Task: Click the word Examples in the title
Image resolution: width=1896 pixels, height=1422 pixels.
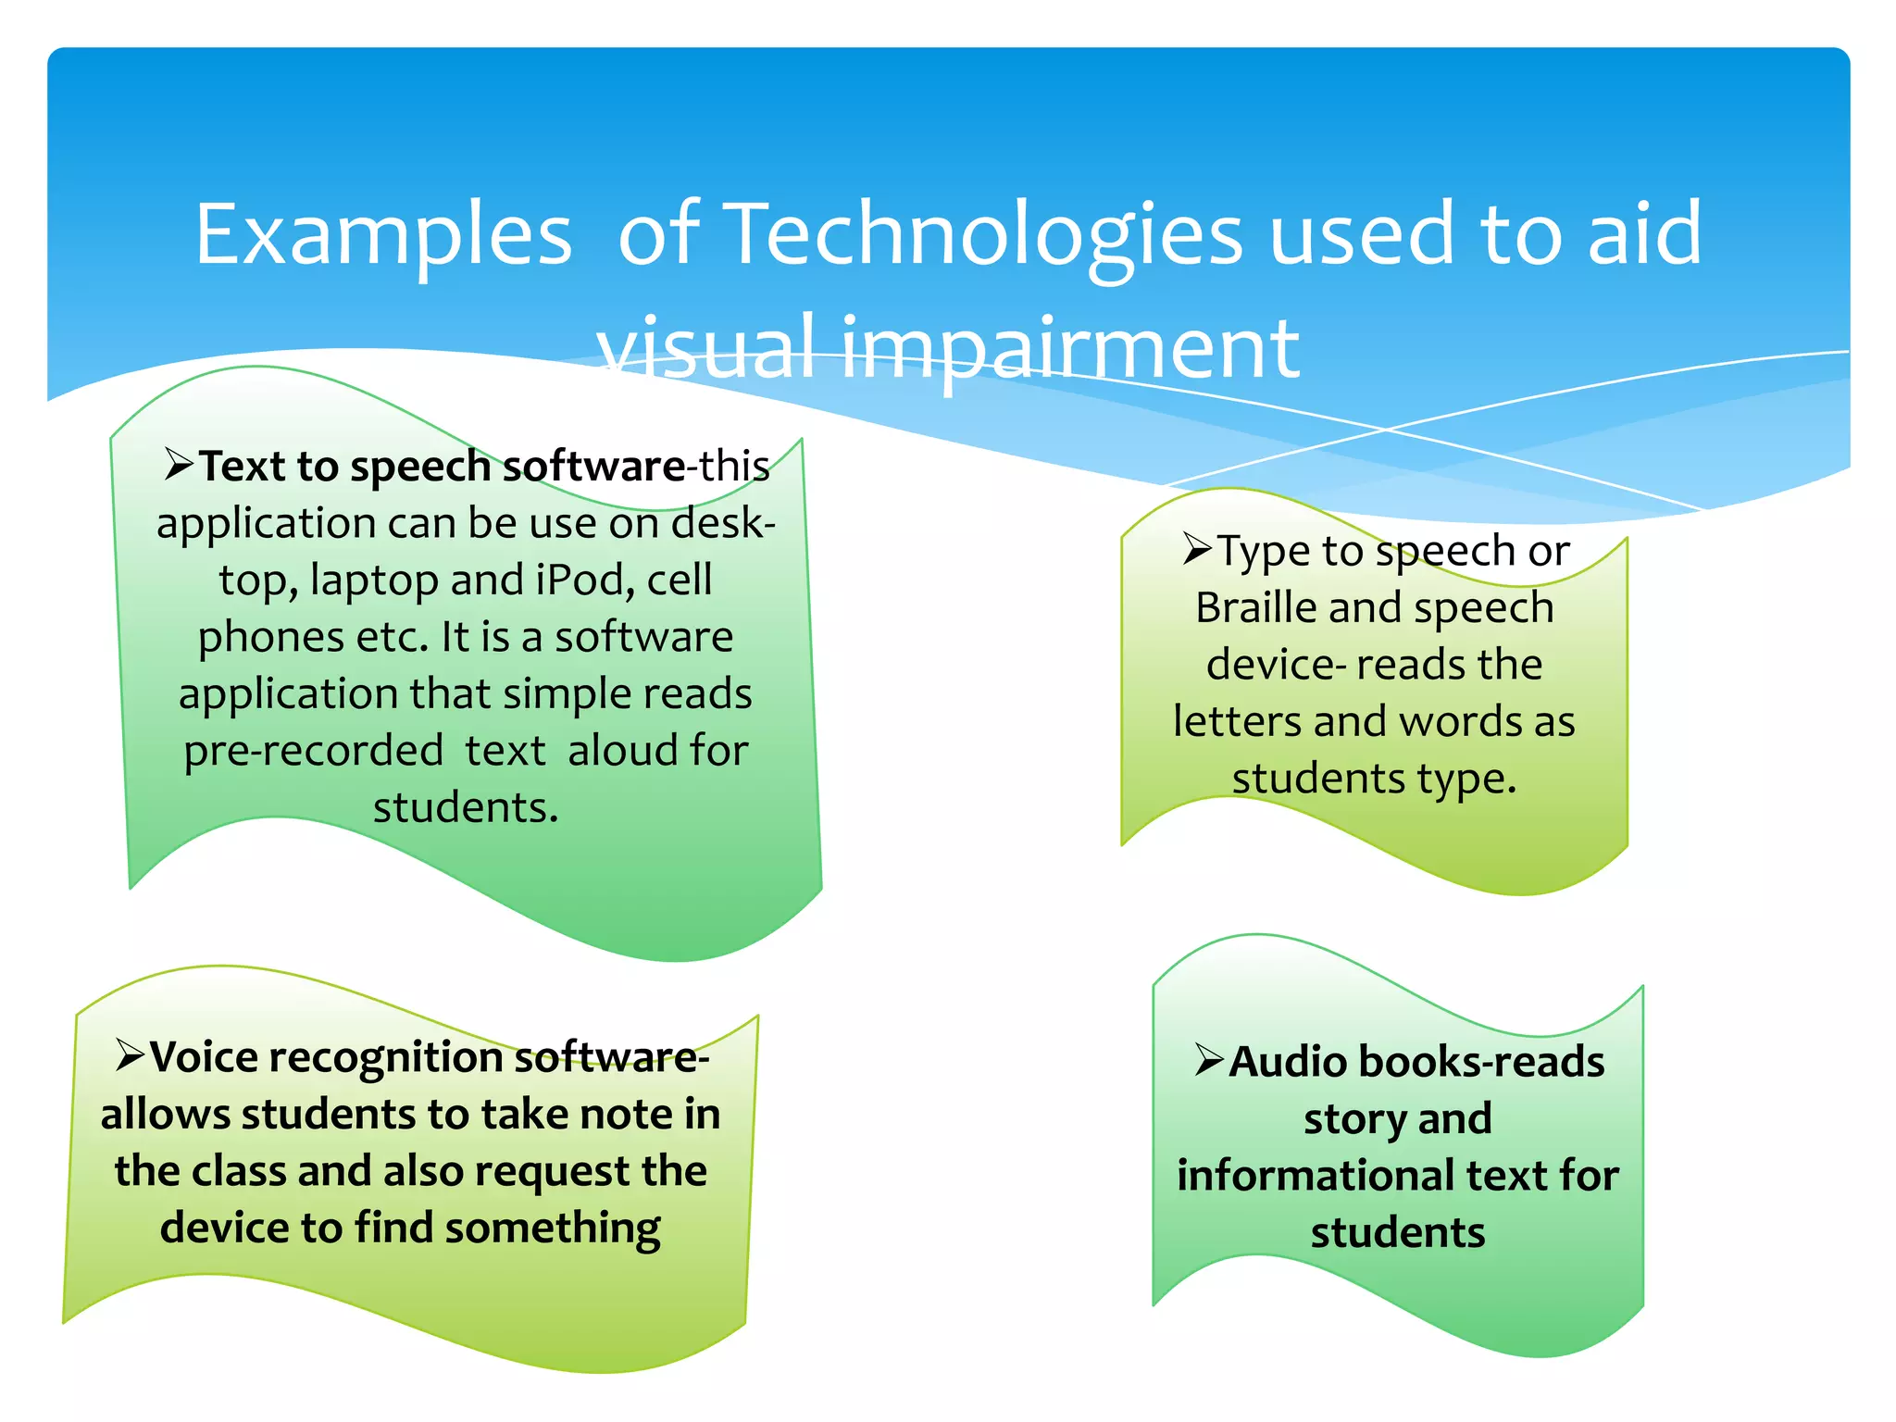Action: [x=383, y=236]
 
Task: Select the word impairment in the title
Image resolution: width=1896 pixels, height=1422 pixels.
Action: [x=1070, y=348]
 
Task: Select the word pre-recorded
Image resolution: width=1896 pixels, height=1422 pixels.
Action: [x=313, y=751]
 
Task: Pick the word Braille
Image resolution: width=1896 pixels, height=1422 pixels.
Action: [x=1256, y=607]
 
